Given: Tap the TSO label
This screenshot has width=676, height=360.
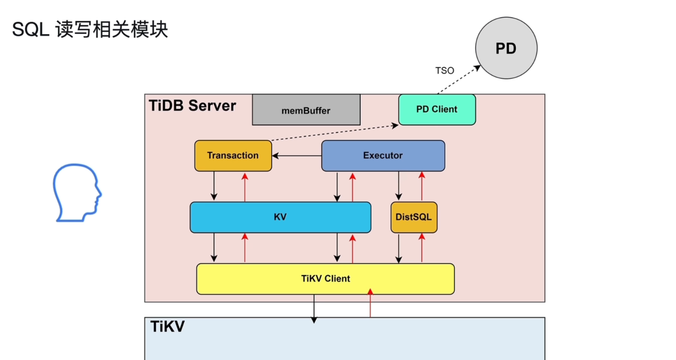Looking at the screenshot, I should tap(444, 71).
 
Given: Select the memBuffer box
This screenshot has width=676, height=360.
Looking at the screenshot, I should tap(306, 111).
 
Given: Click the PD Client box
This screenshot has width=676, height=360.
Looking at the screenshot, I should tap(437, 110).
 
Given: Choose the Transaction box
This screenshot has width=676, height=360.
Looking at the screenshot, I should tap(233, 156).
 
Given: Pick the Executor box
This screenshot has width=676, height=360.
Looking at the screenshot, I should tap(383, 156).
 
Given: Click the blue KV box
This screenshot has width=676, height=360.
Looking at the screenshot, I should tap(280, 217).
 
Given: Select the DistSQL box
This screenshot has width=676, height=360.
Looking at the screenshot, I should tap(414, 217).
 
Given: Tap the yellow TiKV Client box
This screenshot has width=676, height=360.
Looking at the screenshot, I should tap(325, 279).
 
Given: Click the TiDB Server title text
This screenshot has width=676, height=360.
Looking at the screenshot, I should tap(193, 106).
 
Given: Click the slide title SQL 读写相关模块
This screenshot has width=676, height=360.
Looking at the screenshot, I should tap(90, 30).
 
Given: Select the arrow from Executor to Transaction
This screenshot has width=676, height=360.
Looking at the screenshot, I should tap(297, 156).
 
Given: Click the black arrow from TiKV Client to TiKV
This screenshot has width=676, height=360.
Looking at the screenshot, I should tap(314, 308).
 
